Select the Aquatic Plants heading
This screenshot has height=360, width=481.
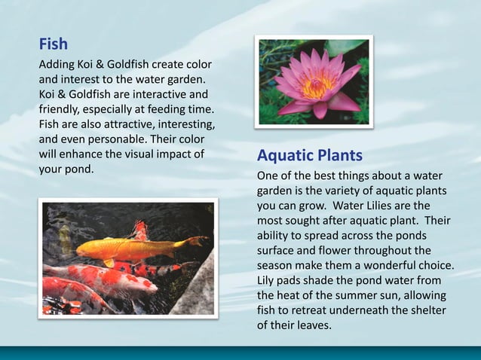pos(309,156)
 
